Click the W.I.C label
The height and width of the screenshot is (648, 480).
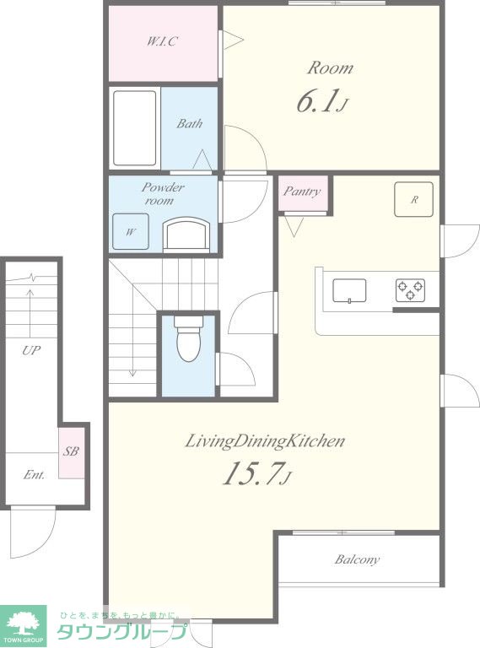click(162, 40)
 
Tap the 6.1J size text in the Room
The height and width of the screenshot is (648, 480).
click(321, 101)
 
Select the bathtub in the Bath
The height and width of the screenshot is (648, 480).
click(135, 128)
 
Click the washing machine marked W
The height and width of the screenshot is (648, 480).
click(131, 231)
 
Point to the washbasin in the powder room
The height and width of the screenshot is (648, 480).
click(186, 235)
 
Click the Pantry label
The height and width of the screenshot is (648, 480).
click(302, 192)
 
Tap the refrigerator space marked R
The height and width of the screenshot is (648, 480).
click(413, 199)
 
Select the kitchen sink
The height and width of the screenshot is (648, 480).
click(349, 291)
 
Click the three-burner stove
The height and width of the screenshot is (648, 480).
click(410, 290)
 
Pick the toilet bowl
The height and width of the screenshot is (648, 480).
click(188, 339)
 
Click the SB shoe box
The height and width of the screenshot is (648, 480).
click(72, 452)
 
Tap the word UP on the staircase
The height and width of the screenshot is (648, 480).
click(31, 350)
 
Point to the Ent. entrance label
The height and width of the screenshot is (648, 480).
click(34, 475)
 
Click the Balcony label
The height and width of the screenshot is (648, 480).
click(357, 559)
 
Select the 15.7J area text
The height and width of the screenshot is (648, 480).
click(257, 473)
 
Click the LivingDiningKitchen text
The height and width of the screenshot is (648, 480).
click(264, 441)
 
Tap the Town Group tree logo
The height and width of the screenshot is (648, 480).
click(23, 626)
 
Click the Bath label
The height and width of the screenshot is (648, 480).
click(190, 123)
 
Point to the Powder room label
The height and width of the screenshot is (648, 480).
click(161, 193)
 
